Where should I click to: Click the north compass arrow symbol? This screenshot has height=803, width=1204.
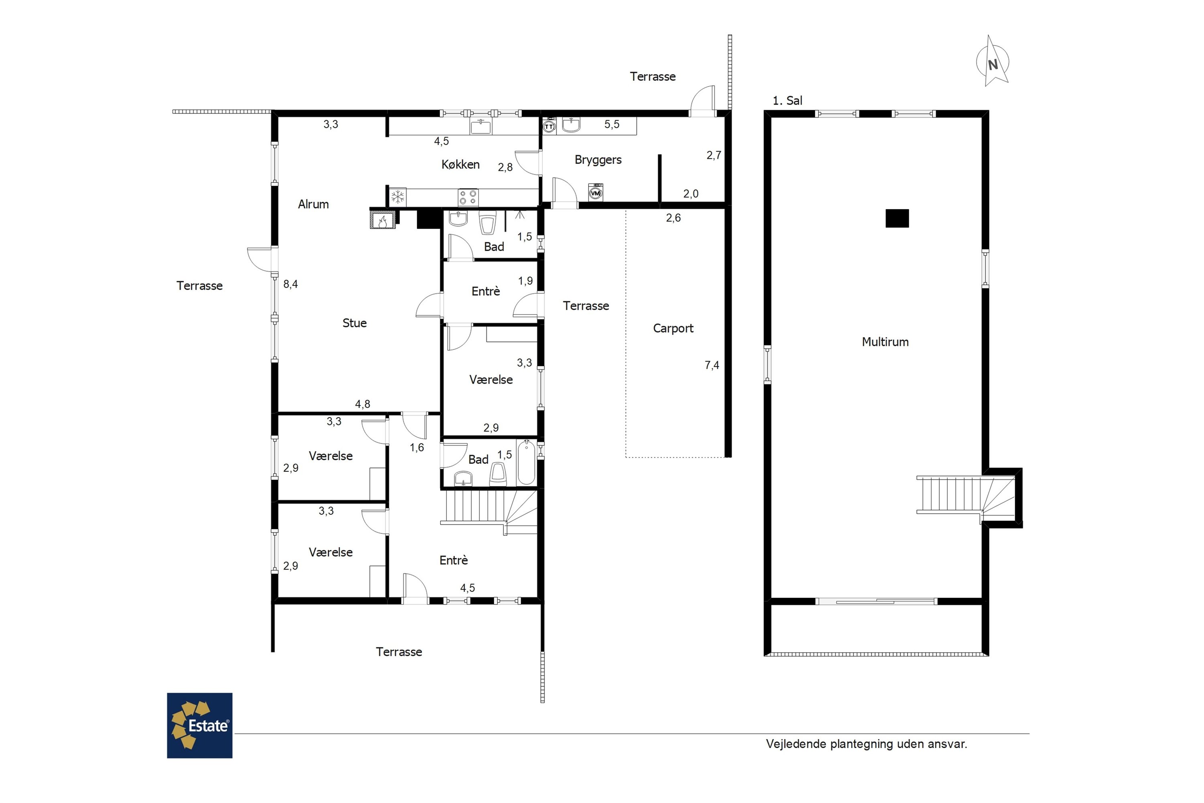point(992,61)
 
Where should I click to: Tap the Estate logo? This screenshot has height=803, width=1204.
point(199,725)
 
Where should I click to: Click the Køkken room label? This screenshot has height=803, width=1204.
point(461,164)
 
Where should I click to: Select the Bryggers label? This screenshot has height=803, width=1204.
point(598,160)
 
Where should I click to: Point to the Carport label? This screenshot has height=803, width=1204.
point(673,328)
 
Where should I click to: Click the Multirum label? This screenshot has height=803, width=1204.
point(885,342)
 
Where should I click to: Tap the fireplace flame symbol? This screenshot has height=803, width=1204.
point(382,221)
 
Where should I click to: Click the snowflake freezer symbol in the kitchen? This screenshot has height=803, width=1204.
point(398,197)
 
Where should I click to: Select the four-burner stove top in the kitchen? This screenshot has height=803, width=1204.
point(468,197)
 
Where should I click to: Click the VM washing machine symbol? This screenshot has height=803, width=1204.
point(595,193)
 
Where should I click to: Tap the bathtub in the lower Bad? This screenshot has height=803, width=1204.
point(526,463)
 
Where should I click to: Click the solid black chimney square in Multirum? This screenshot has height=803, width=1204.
point(897,218)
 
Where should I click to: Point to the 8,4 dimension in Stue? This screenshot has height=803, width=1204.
point(290,284)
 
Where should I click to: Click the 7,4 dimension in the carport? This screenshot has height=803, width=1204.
point(712,365)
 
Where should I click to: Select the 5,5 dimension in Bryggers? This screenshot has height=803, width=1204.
point(612,124)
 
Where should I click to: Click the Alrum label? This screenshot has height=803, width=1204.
point(313,204)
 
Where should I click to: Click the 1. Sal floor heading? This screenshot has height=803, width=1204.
point(787,100)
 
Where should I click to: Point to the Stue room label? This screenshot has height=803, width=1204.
point(354,323)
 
